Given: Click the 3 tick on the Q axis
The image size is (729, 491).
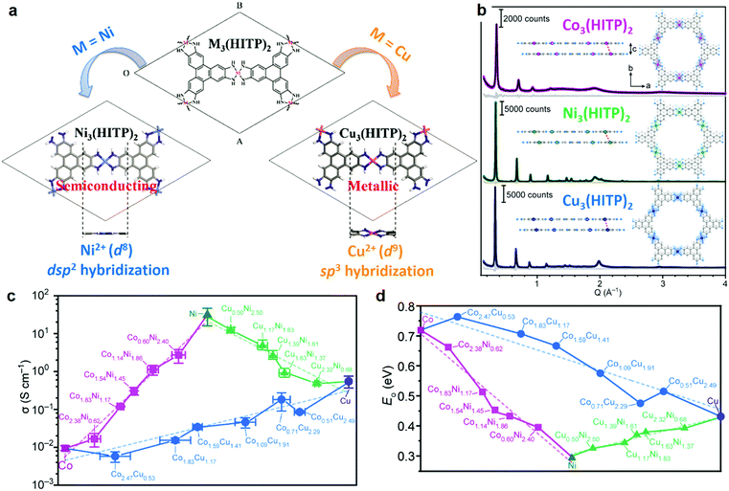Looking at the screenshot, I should pyautogui.click(x=663, y=282).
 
